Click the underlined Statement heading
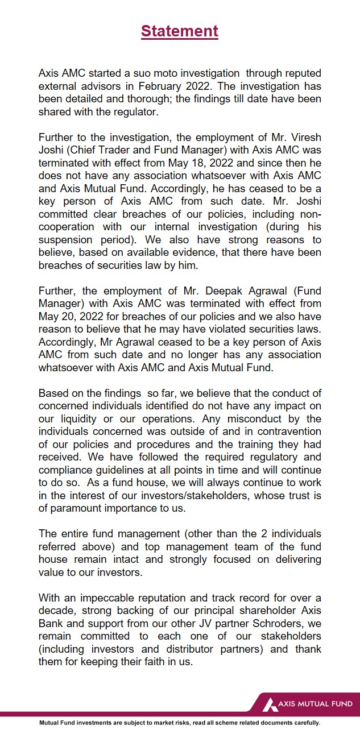point(180,31)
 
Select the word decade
point(56,610)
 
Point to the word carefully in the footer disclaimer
point(303,723)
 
